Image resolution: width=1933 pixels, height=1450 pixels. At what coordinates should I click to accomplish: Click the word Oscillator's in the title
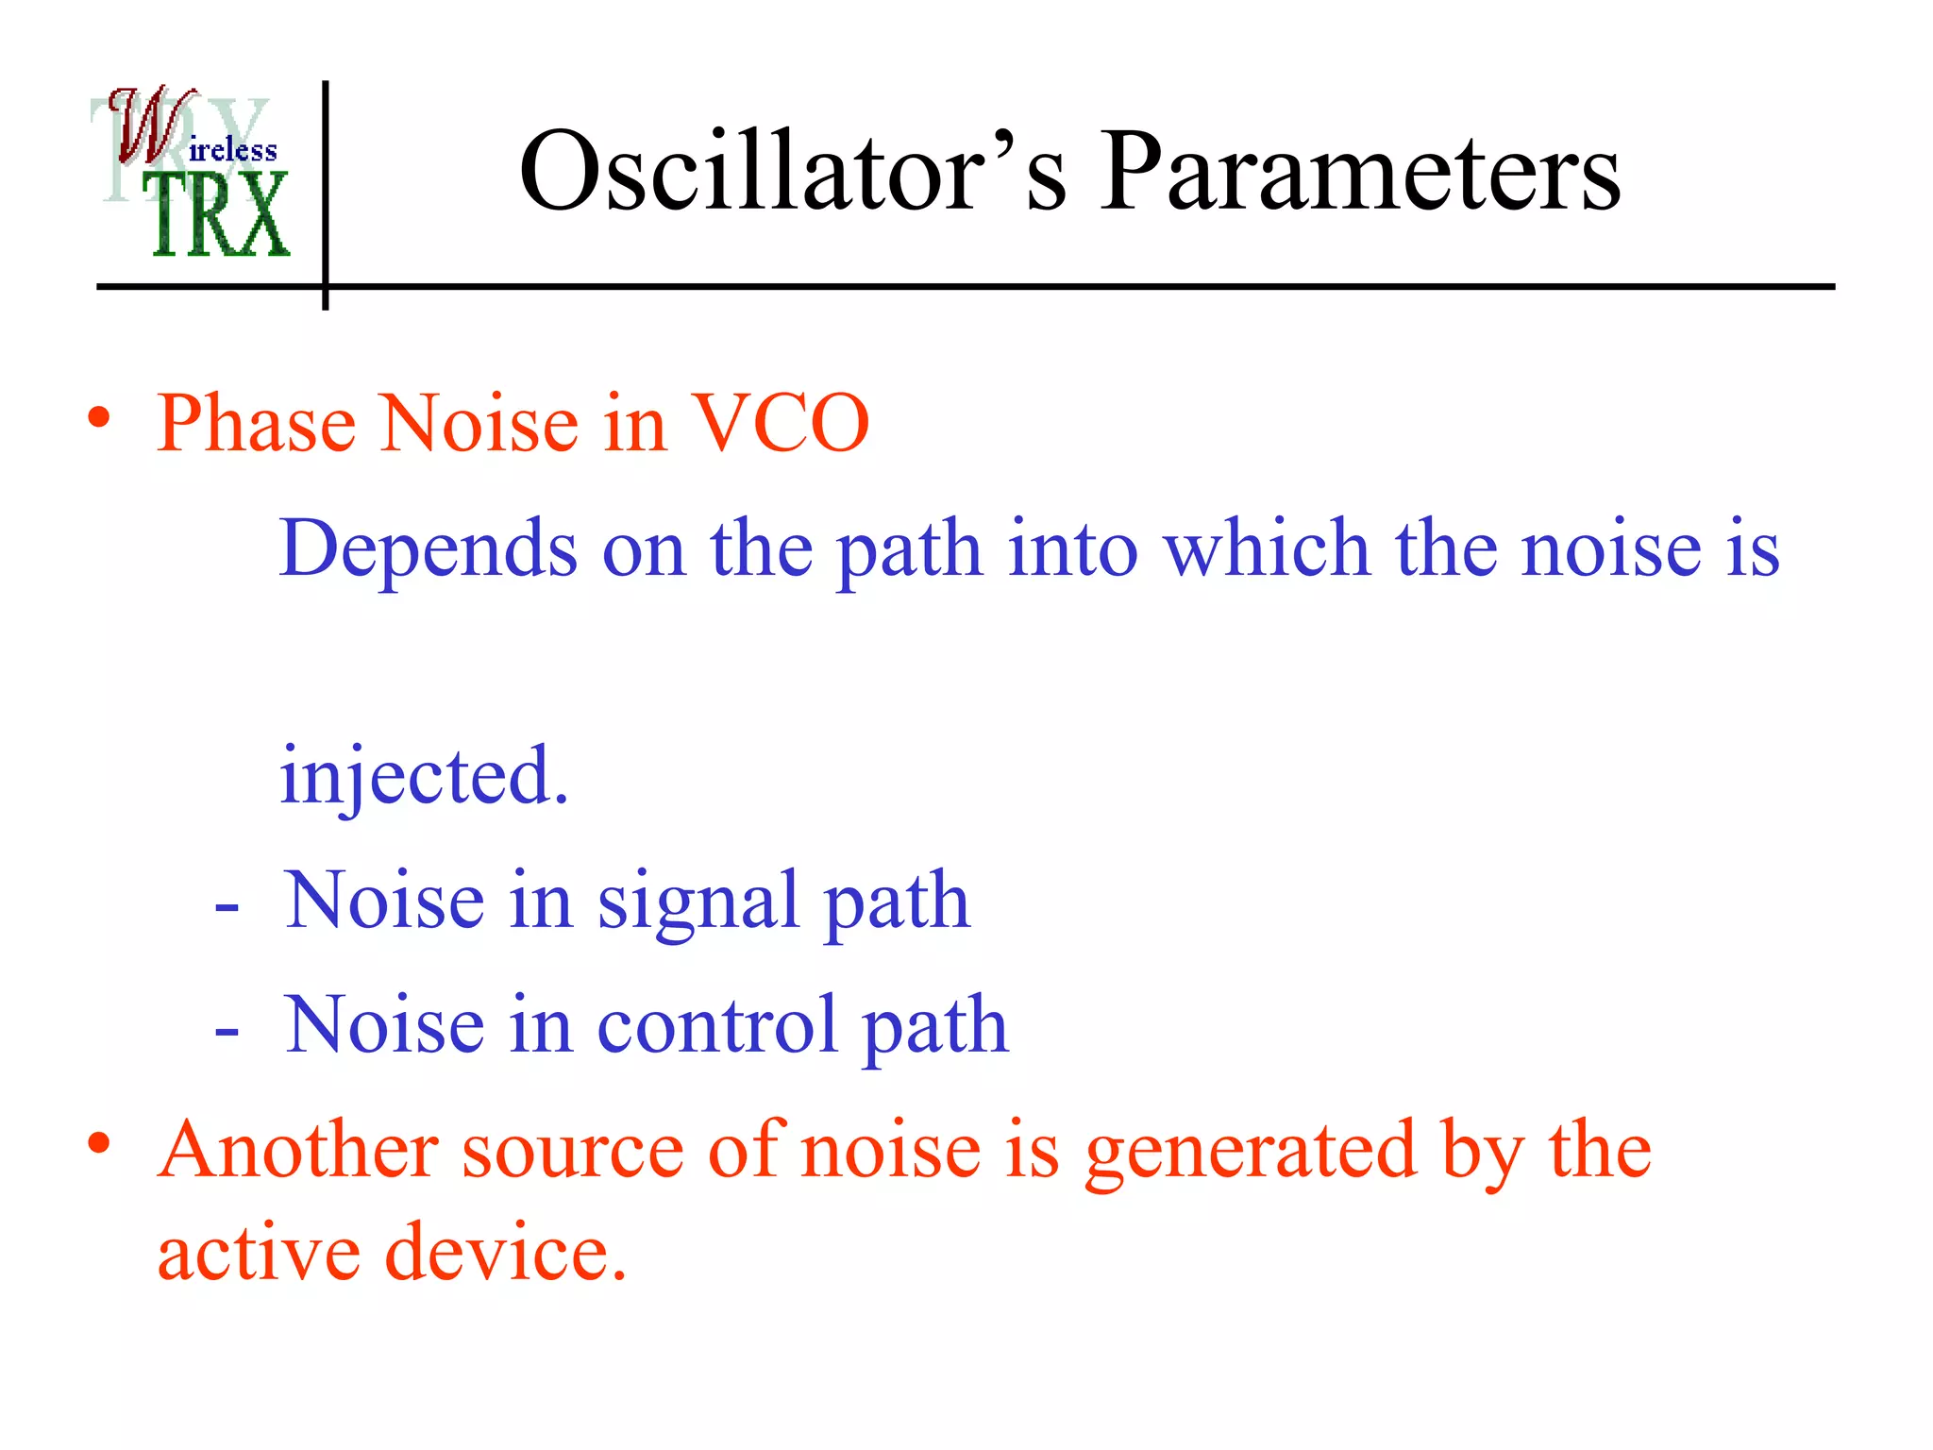(793, 172)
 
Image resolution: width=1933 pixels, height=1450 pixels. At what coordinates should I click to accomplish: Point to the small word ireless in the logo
(232, 151)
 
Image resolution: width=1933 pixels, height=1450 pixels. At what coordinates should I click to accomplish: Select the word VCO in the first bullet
(780, 424)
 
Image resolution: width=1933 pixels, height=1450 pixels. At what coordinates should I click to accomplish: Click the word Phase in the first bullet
(256, 424)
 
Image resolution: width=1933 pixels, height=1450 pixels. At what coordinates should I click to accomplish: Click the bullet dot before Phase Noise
(99, 418)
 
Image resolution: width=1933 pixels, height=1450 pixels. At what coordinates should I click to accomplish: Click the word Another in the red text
(297, 1151)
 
